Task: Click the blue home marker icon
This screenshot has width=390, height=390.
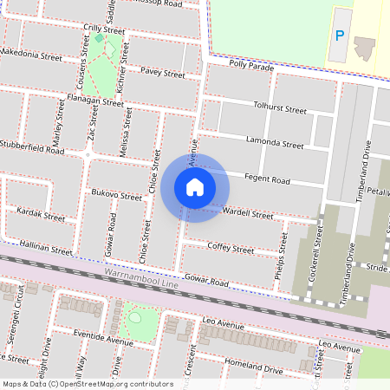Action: (195, 186)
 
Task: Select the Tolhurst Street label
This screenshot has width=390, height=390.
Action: (280, 110)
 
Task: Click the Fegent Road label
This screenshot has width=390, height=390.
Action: (268, 179)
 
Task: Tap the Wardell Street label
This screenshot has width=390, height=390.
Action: (248, 213)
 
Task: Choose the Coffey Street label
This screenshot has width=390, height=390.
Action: (231, 249)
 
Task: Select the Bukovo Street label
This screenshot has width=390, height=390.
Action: (116, 197)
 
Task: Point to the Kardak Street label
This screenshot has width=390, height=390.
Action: (41, 214)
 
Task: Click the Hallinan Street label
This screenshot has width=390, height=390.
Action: (47, 249)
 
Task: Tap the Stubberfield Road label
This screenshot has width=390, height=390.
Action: (32, 147)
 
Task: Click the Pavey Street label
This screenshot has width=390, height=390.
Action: (163, 74)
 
